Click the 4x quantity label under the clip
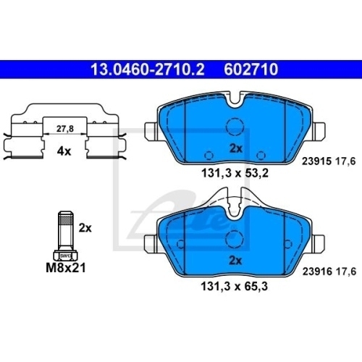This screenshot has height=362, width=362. coord(64,151)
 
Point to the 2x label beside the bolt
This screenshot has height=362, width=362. coord(85,227)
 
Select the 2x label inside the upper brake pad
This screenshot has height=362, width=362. coord(235,147)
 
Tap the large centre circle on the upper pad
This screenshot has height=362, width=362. coord(235,127)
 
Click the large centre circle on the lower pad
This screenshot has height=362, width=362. coord(235,239)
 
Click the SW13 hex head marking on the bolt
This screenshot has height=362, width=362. coord(64,256)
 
